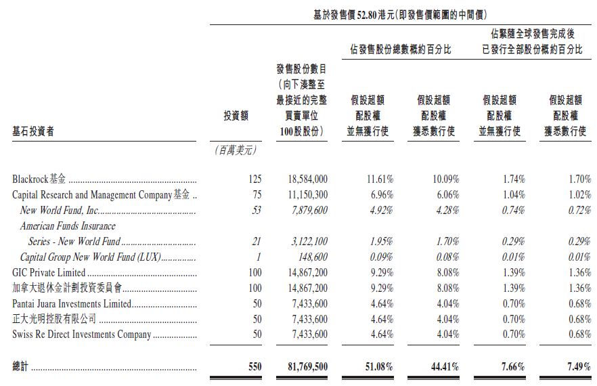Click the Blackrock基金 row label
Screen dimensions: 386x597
click(x=39, y=179)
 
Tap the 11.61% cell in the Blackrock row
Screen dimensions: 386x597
click(x=380, y=179)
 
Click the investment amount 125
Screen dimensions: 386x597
click(x=255, y=179)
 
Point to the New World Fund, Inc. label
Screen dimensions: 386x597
click(x=60, y=211)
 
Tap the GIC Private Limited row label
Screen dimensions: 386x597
click(x=49, y=273)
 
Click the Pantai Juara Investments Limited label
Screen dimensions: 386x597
click(x=72, y=304)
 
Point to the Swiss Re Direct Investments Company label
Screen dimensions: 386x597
click(x=81, y=335)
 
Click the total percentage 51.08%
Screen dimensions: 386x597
click(x=380, y=366)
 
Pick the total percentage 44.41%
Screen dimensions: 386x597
click(x=445, y=366)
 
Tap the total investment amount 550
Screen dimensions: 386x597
click(x=254, y=366)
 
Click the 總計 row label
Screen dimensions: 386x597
click(x=21, y=366)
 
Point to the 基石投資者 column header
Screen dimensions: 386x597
click(x=33, y=131)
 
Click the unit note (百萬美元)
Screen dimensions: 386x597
click(x=232, y=150)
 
